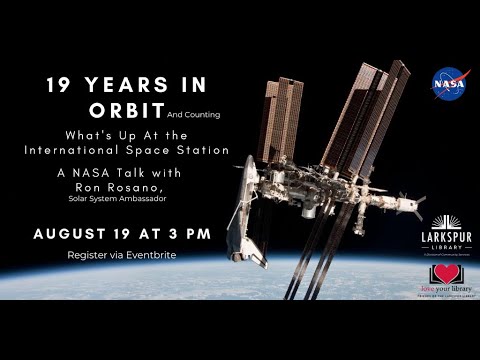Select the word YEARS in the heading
128,87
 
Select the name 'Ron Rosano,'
119,186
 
